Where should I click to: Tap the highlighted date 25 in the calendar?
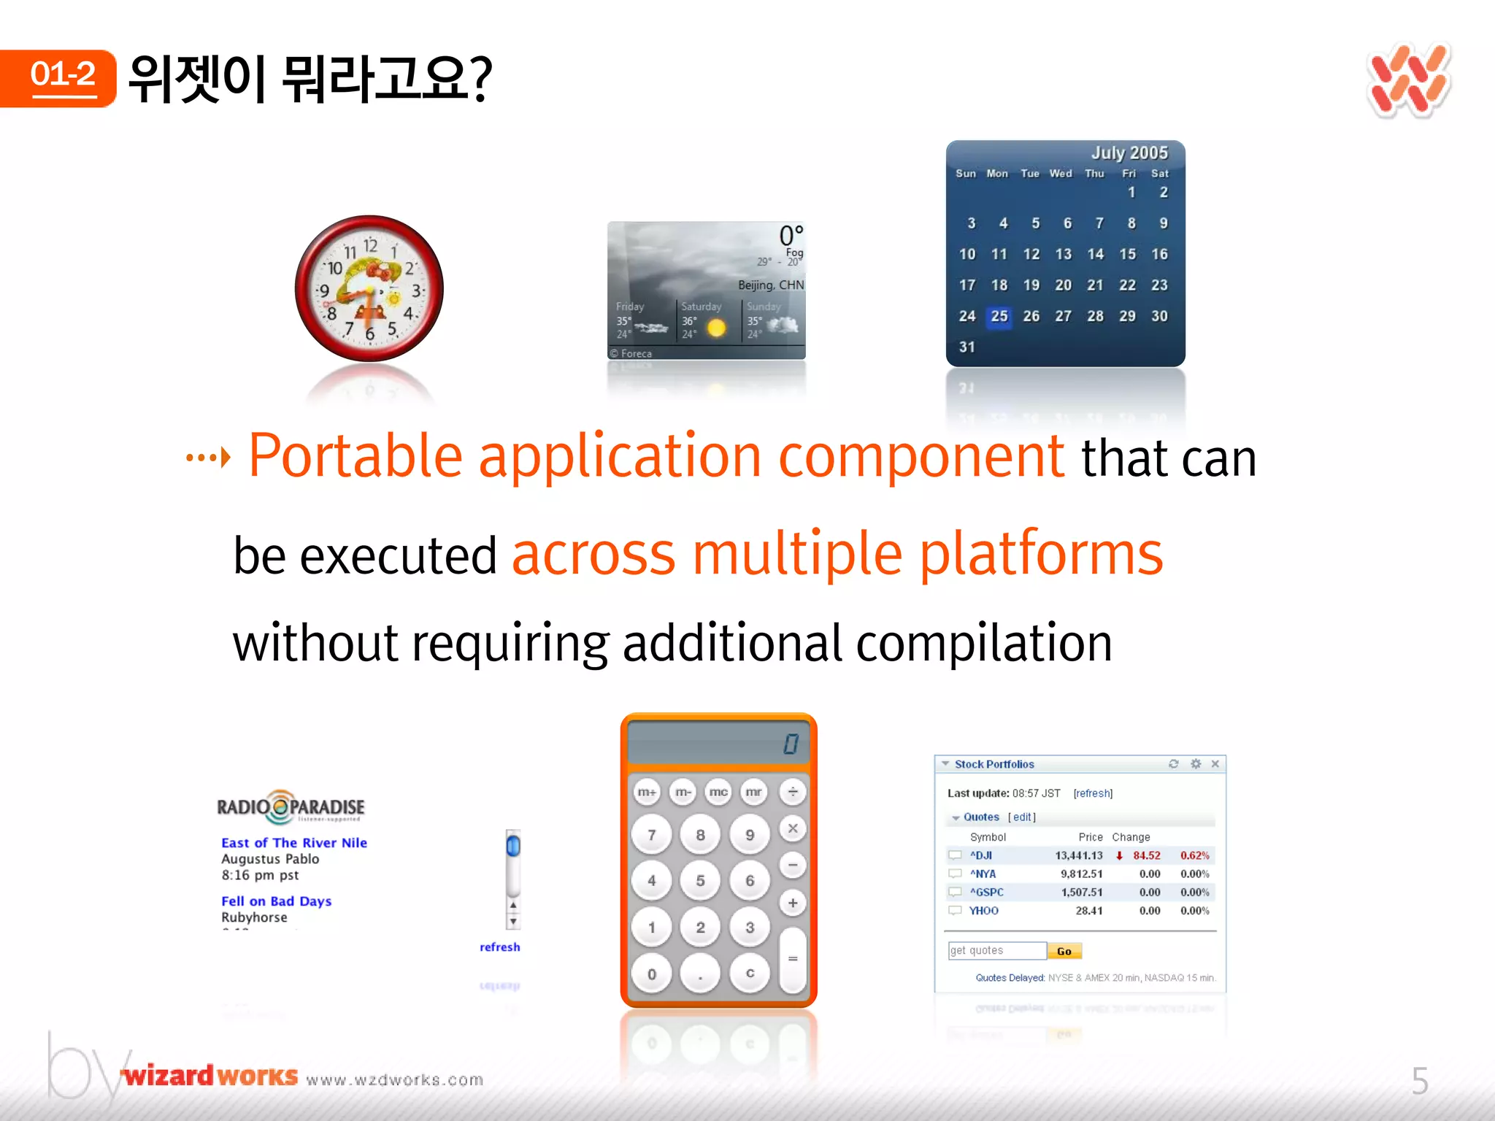(999, 316)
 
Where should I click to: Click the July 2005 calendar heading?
(1129, 153)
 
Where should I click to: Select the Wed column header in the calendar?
(1061, 174)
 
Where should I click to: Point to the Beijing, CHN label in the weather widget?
(770, 285)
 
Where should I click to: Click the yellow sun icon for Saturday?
(716, 328)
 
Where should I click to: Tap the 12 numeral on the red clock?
(370, 245)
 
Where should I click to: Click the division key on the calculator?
(792, 792)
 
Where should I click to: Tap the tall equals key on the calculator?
(792, 959)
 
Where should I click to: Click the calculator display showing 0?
(718, 743)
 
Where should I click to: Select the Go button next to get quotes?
(1064, 951)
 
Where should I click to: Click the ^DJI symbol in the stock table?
(981, 855)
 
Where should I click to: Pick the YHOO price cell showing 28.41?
(1088, 911)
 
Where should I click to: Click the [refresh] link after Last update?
(1093, 793)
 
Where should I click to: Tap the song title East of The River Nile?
(294, 842)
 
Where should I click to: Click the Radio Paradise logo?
(291, 806)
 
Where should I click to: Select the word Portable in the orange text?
(356, 456)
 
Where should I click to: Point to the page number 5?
(1419, 1081)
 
